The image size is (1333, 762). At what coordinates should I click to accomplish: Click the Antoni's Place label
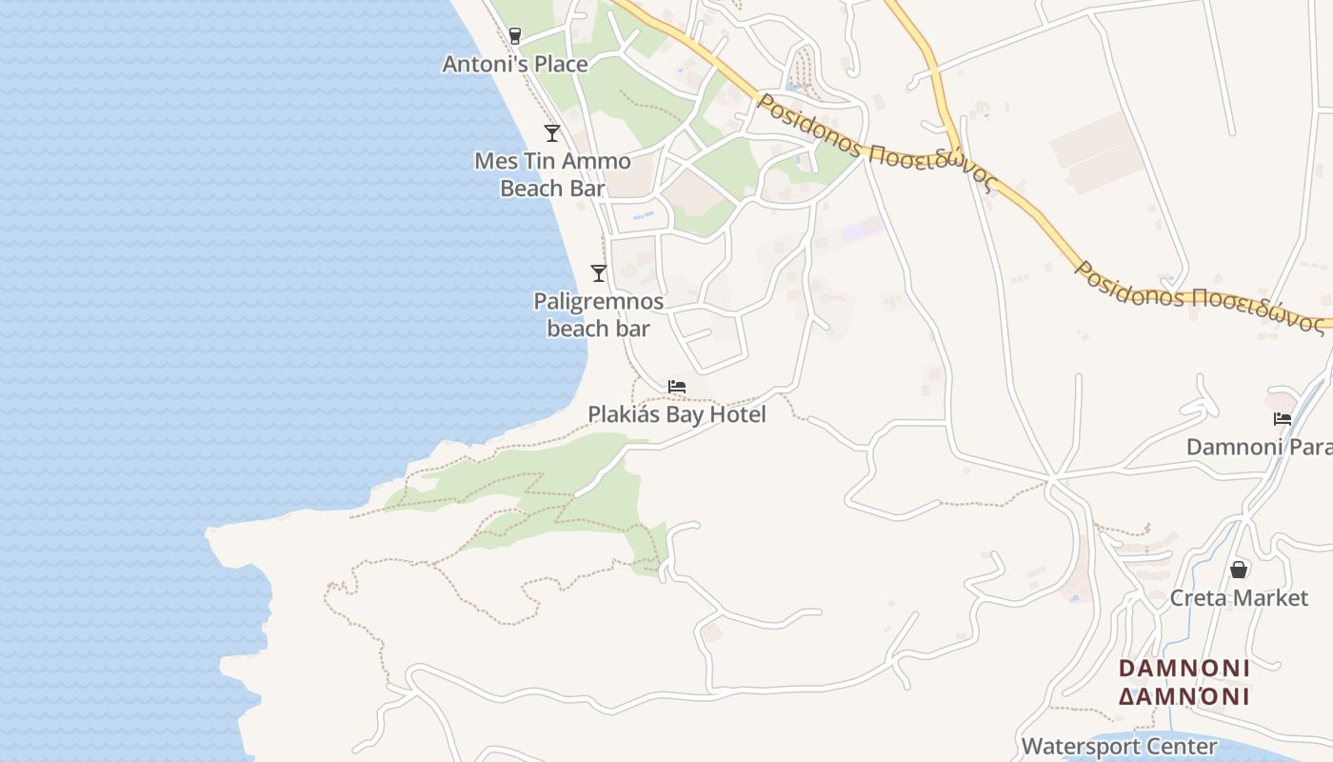[x=515, y=64]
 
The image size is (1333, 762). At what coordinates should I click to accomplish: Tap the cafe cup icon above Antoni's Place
[x=515, y=36]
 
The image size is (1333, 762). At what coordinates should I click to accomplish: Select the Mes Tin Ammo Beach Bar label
[x=552, y=174]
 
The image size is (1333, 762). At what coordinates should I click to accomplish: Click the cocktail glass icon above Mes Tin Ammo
[x=552, y=133]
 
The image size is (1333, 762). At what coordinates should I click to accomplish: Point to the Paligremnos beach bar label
[x=598, y=315]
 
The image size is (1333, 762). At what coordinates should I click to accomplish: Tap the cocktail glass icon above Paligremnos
[x=599, y=273]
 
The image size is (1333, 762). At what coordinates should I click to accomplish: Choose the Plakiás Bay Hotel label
[x=677, y=414]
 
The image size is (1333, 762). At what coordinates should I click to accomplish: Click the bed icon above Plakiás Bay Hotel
[x=677, y=387]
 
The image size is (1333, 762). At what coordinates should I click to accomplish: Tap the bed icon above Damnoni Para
[x=1283, y=419]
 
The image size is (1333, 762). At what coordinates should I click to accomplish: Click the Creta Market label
[x=1239, y=598]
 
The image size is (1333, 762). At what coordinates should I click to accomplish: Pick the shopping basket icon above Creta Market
[x=1239, y=570]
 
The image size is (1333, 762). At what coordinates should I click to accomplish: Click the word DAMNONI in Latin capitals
[x=1184, y=668]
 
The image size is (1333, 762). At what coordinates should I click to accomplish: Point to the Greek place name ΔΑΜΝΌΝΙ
[x=1184, y=696]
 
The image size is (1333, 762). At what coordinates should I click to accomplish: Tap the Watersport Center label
[x=1119, y=746]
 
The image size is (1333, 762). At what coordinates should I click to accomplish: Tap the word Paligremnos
[x=598, y=302]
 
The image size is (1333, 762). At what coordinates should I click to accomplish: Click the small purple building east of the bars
[x=861, y=230]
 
